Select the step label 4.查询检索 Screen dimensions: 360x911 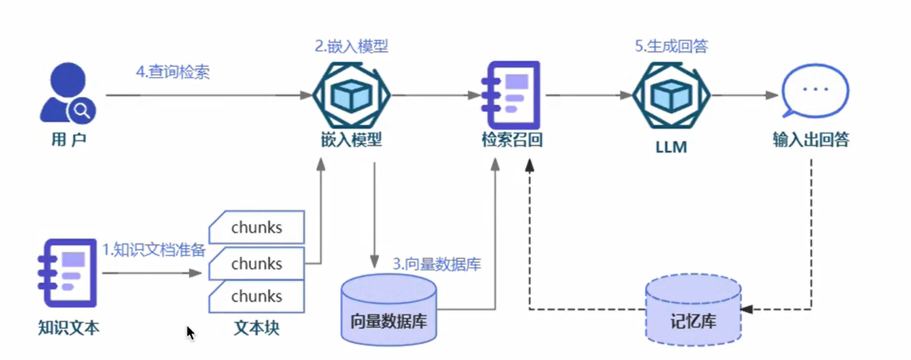pos(173,73)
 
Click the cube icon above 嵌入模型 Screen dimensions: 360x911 pos(353,95)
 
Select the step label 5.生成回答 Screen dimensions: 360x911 pos(671,47)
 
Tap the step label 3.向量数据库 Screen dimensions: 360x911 pos(437,265)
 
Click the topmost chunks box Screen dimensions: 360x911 pos(256,228)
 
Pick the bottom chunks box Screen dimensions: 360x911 pos(256,296)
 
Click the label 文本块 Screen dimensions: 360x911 pos(256,329)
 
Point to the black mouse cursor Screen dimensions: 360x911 pos(190,333)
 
